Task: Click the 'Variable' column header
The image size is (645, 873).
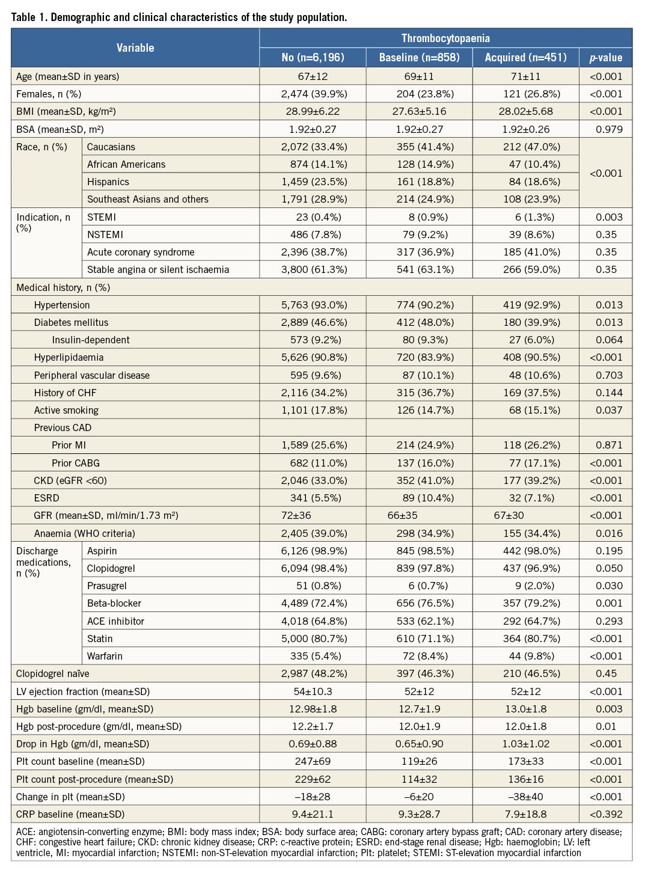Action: [x=135, y=47]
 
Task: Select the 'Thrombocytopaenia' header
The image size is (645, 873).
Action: [x=445, y=38]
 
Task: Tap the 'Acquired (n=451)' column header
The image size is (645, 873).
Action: [x=526, y=57]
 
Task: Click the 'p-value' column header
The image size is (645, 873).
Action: [x=605, y=57]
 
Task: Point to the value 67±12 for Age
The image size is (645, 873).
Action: [x=313, y=76]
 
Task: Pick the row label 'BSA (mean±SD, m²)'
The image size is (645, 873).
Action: [x=60, y=129]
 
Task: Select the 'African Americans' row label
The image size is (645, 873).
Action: [x=126, y=164]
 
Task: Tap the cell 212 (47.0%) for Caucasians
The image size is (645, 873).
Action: [x=531, y=147]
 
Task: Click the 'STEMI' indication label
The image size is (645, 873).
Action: [x=102, y=217]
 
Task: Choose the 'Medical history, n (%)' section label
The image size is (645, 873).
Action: [x=63, y=287]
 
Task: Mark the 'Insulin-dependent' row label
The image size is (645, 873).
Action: [x=91, y=340]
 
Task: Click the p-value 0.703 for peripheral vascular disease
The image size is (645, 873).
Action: [x=609, y=375]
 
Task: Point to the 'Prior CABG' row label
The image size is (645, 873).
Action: [x=76, y=463]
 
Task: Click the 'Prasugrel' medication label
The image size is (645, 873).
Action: [x=107, y=586]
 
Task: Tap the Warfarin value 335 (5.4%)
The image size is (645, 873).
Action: [x=316, y=656]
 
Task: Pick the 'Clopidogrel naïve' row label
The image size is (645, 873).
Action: [x=53, y=673]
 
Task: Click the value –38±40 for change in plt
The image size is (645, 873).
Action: [x=526, y=797]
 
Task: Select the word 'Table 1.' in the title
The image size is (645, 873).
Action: [x=29, y=17]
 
